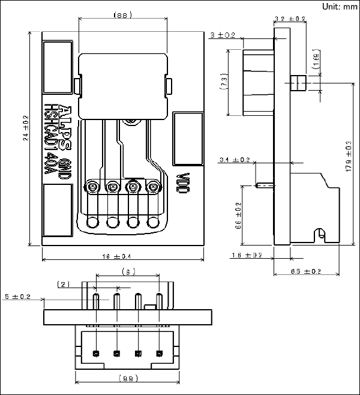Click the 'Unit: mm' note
pyautogui.click(x=340, y=7)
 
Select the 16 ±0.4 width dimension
pyautogui.click(x=122, y=256)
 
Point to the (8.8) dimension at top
pyautogui.click(x=122, y=14)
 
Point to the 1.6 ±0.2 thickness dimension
pyautogui.click(x=246, y=256)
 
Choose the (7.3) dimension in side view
pyautogui.click(x=224, y=81)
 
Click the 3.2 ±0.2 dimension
pyautogui.click(x=290, y=19)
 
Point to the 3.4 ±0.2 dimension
pyautogui.click(x=235, y=160)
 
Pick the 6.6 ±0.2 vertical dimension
pyautogui.click(x=238, y=216)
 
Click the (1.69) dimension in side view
pyautogui.click(x=315, y=61)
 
